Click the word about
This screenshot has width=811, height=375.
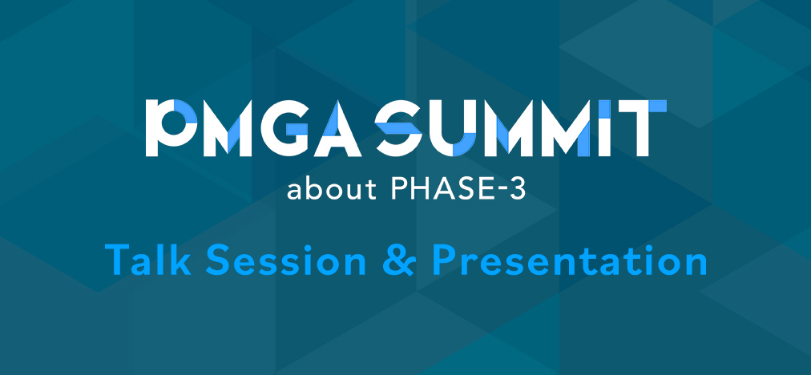(318, 192)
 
